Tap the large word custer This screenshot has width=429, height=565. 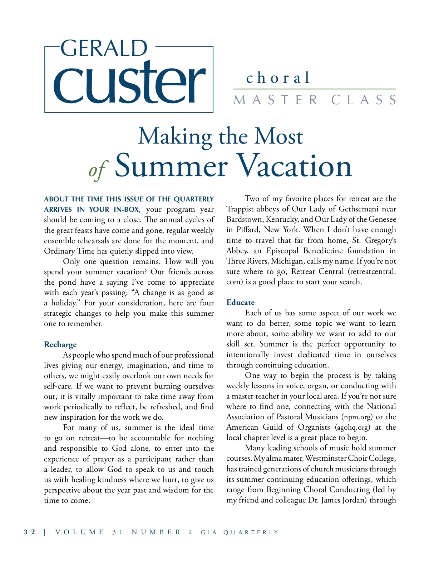129,83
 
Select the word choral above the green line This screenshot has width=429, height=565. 278,78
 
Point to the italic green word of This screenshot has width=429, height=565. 98,170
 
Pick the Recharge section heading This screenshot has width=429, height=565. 60,345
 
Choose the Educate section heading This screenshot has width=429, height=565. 241,302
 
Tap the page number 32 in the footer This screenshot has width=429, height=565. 30,532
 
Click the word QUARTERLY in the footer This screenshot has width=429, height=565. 251,532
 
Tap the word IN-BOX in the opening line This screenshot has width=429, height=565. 127,210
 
